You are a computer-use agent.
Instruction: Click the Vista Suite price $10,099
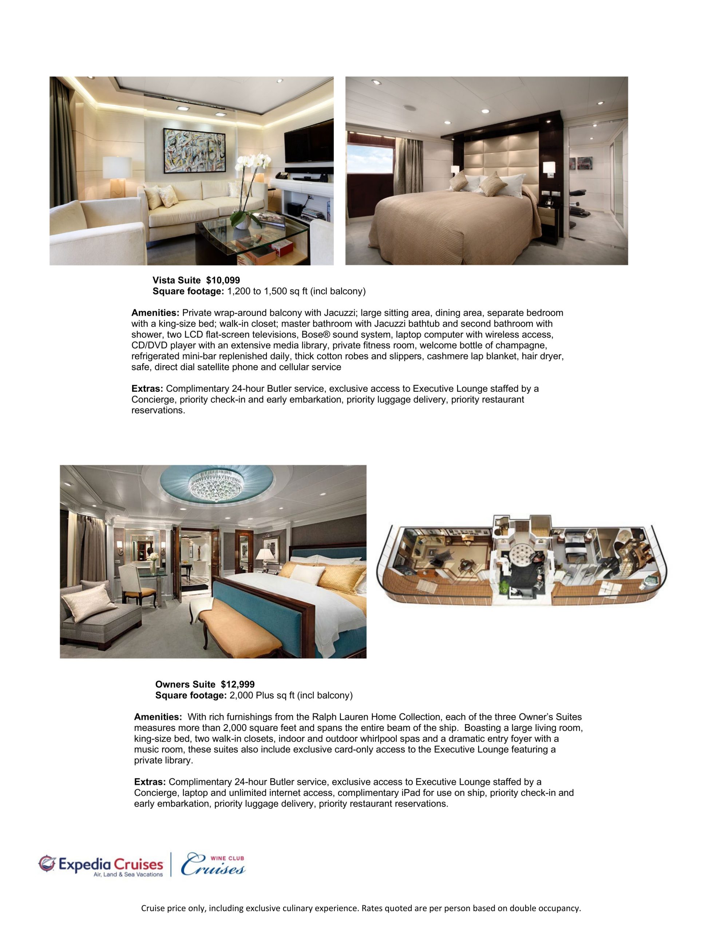[x=223, y=280]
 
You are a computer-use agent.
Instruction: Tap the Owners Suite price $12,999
[x=237, y=684]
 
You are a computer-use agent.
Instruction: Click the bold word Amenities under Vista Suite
[x=155, y=313]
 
